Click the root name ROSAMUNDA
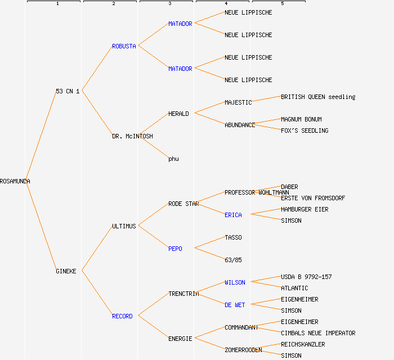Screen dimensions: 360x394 point(15,181)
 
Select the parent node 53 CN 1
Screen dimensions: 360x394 point(68,91)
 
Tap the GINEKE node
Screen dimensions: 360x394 point(66,271)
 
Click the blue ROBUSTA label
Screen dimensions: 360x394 point(124,46)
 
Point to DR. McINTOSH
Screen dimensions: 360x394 point(132,136)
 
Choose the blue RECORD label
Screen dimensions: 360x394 point(122,316)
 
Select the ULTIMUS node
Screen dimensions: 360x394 point(124,226)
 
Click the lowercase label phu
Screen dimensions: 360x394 point(173,159)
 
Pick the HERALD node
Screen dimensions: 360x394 point(178,114)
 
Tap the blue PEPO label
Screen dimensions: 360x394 point(175,249)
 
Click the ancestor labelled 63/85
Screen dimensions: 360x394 point(233,260)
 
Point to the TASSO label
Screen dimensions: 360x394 point(233,237)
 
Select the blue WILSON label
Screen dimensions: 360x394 point(235,282)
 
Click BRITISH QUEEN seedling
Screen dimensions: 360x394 point(318,97)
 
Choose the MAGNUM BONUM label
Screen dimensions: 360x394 point(301,119)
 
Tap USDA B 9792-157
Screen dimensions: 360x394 point(306,277)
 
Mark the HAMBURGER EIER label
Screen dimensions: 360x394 point(305,209)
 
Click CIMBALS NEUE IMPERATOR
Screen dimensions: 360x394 point(318,333)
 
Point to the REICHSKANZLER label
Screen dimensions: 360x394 point(303,344)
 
